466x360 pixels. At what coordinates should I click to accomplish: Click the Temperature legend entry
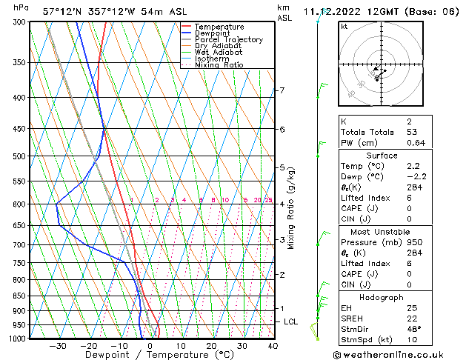(x=219, y=27)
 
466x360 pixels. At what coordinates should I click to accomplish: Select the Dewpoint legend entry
(x=213, y=33)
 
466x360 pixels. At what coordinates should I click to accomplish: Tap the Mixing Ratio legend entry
(x=219, y=65)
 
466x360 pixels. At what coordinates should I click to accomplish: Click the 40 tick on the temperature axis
(x=273, y=346)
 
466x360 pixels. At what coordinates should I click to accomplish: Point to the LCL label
(x=291, y=322)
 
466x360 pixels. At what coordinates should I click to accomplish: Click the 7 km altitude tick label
(x=282, y=91)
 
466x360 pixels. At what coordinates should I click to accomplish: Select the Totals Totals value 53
(x=412, y=131)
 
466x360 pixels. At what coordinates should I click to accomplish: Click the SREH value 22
(x=412, y=318)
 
